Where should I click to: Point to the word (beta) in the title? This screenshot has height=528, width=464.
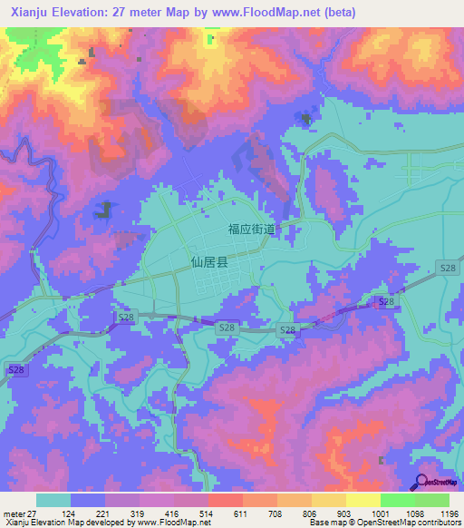tap(337, 13)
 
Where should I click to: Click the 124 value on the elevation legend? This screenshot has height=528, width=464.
tap(70, 513)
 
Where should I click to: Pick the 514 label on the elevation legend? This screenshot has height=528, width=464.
tap(207, 513)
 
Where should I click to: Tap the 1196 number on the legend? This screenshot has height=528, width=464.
tap(449, 513)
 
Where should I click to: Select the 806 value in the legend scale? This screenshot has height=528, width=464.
tap(310, 513)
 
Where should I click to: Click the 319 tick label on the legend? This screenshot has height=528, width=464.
tap(139, 513)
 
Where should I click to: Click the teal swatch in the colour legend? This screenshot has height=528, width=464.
tap(53, 500)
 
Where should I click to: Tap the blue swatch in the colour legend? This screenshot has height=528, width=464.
tap(88, 500)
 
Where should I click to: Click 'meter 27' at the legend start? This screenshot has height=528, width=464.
tap(17, 513)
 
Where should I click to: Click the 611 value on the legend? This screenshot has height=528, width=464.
tap(241, 513)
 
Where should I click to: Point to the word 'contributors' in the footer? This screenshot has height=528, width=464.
tap(434, 523)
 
